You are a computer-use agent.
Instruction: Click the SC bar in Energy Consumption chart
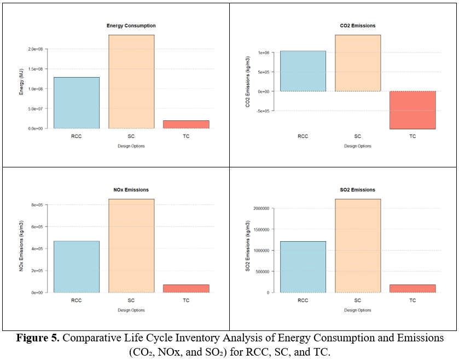131,82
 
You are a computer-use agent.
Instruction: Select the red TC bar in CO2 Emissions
412,110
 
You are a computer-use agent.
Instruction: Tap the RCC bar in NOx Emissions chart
77,266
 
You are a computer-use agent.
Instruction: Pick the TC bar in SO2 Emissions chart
412,288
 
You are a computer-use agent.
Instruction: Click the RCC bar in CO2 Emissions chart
303,71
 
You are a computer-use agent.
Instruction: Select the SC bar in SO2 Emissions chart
358,246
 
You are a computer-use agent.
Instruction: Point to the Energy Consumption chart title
131,26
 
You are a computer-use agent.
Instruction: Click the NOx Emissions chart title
131,190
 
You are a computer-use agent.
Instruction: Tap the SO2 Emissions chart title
357,190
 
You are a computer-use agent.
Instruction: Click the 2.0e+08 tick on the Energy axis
36,49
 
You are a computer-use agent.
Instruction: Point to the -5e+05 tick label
264,111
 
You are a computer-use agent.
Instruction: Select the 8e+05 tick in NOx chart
37,205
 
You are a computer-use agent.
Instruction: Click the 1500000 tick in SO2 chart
262,229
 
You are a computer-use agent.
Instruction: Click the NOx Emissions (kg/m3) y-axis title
21,246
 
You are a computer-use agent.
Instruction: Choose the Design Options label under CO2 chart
358,146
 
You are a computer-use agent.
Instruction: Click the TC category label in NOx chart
186,300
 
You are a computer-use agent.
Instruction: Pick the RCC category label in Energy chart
77,136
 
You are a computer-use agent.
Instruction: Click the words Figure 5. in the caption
38,338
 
